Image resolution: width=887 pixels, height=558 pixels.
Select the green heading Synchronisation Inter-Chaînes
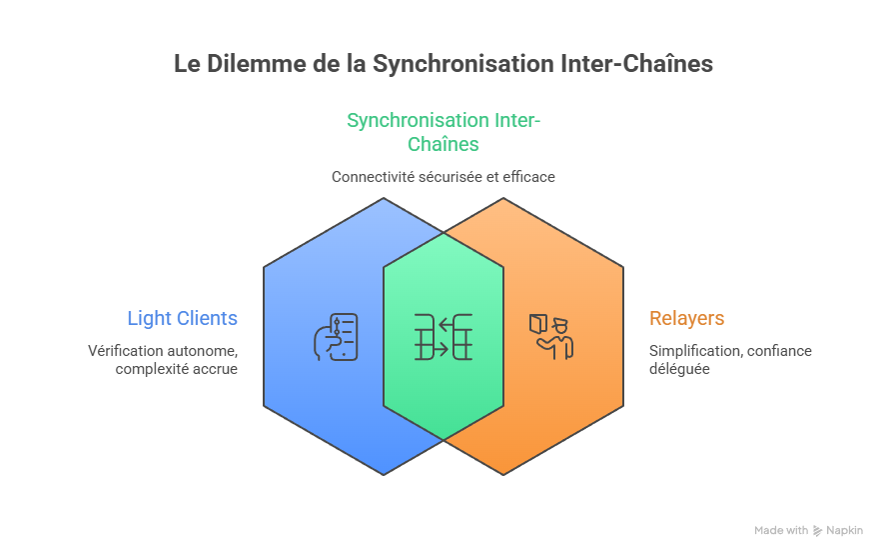(x=443, y=132)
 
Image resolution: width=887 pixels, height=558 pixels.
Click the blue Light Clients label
(x=182, y=319)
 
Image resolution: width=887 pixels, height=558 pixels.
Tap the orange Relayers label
(x=687, y=319)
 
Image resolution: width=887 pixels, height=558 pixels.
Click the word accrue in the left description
(x=216, y=369)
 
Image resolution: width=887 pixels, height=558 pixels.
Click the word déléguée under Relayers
(x=679, y=369)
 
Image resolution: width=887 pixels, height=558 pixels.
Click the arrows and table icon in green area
(x=443, y=336)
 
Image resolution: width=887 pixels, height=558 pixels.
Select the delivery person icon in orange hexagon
(x=551, y=336)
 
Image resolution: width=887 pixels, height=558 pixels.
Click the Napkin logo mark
(x=818, y=531)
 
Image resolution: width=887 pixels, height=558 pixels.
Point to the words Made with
(x=781, y=531)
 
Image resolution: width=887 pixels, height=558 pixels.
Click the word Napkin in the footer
(x=844, y=531)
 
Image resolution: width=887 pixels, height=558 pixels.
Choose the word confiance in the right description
(x=780, y=351)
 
